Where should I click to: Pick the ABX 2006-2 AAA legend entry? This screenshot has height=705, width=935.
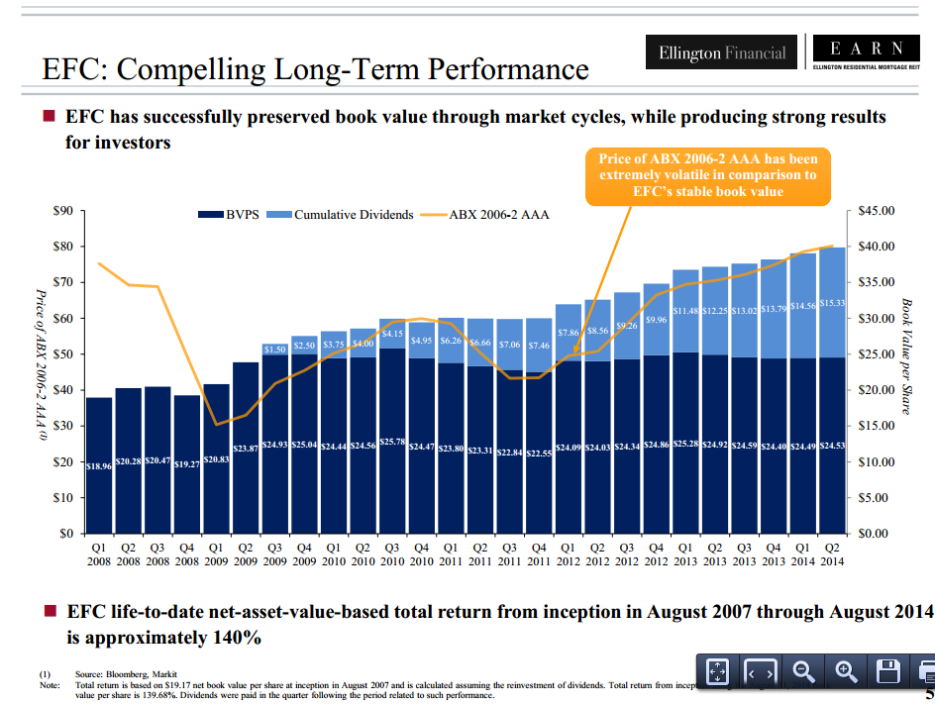pyautogui.click(x=489, y=214)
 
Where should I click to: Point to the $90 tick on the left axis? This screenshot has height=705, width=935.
pyautogui.click(x=61, y=210)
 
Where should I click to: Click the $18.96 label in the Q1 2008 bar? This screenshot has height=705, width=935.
pyautogui.click(x=100, y=464)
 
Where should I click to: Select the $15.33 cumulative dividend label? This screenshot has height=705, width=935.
pyautogui.click(x=833, y=303)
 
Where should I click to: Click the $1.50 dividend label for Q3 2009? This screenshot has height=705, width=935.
pyautogui.click(x=274, y=349)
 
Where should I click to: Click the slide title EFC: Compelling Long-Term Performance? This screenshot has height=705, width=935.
pyautogui.click(x=315, y=70)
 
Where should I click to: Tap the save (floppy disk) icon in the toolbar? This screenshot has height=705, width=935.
pyautogui.click(x=887, y=671)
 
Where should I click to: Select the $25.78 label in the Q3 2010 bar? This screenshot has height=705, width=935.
pyautogui.click(x=392, y=441)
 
